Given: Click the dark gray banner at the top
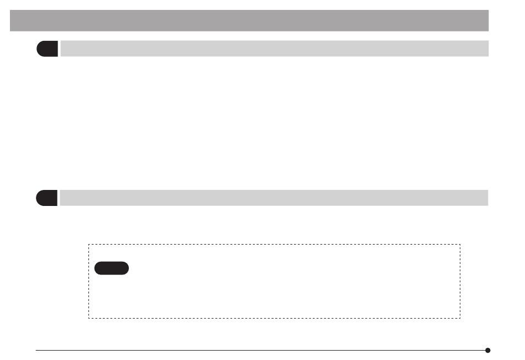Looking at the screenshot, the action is tap(249, 20).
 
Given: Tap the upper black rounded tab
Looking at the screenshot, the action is tap(47, 49).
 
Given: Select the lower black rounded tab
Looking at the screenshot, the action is tap(47, 198).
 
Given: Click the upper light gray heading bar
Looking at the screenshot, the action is tap(274, 49).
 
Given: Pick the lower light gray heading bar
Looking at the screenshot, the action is tap(274, 198).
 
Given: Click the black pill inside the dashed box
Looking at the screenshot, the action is tap(111, 268).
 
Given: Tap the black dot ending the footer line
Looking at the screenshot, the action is tap(487, 350).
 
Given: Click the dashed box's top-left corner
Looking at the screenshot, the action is tap(89, 245).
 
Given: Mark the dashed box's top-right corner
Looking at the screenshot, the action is tap(460, 245).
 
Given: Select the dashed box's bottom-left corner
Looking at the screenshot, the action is tap(89, 318).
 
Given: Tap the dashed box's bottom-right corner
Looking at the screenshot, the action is tap(460, 318).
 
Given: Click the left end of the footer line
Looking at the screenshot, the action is tap(36, 350).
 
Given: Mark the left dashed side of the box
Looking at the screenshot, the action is tap(89, 282).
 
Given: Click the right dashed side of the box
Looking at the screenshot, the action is tap(460, 282).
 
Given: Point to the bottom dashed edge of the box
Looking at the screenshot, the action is tap(275, 318).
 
